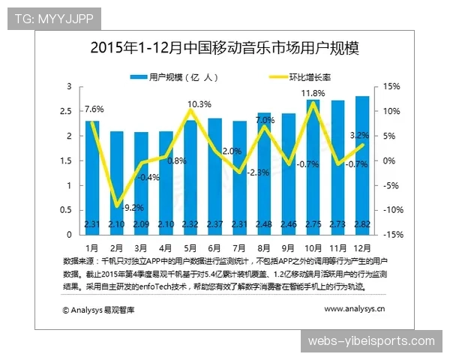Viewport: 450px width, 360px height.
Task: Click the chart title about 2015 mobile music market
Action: (x=224, y=49)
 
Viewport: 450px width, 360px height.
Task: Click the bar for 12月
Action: (x=361, y=165)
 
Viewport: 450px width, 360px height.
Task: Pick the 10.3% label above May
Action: (x=199, y=103)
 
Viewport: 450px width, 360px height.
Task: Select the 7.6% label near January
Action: (x=94, y=111)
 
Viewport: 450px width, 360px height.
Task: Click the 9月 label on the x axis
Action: (x=288, y=247)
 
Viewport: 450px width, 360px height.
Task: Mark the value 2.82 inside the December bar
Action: (x=361, y=224)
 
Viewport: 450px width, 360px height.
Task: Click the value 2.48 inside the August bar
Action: (x=264, y=224)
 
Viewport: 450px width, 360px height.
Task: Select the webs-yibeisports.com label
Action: (x=371, y=340)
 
